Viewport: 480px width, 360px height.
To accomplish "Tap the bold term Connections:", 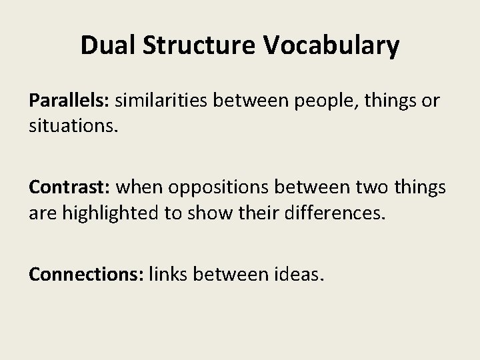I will pyautogui.click(x=86, y=273).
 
